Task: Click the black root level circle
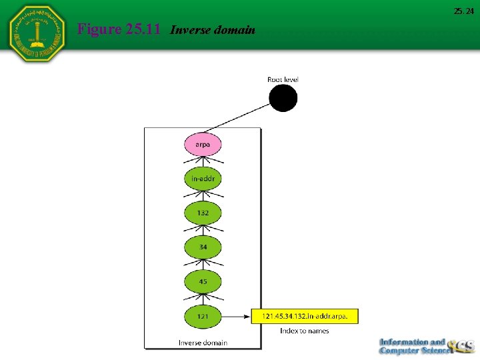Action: [x=283, y=99]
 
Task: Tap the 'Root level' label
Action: [x=283, y=79]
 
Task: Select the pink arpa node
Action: [x=203, y=145]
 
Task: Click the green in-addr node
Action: [x=203, y=179]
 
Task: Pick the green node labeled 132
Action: [x=203, y=213]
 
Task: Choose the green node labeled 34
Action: [x=203, y=247]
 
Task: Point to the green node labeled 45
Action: [x=203, y=281]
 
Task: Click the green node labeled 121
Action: [x=203, y=315]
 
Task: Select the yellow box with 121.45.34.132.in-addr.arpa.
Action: [x=305, y=315]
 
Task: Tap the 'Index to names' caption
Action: [x=304, y=331]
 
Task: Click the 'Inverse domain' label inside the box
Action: [x=203, y=343]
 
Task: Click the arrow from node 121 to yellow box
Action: [x=236, y=315]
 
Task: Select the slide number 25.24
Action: [x=464, y=11]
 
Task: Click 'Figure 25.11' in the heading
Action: [x=121, y=29]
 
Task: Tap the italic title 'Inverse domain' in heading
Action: [x=213, y=30]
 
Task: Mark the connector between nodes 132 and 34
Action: [x=203, y=230]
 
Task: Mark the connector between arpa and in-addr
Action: [x=203, y=162]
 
